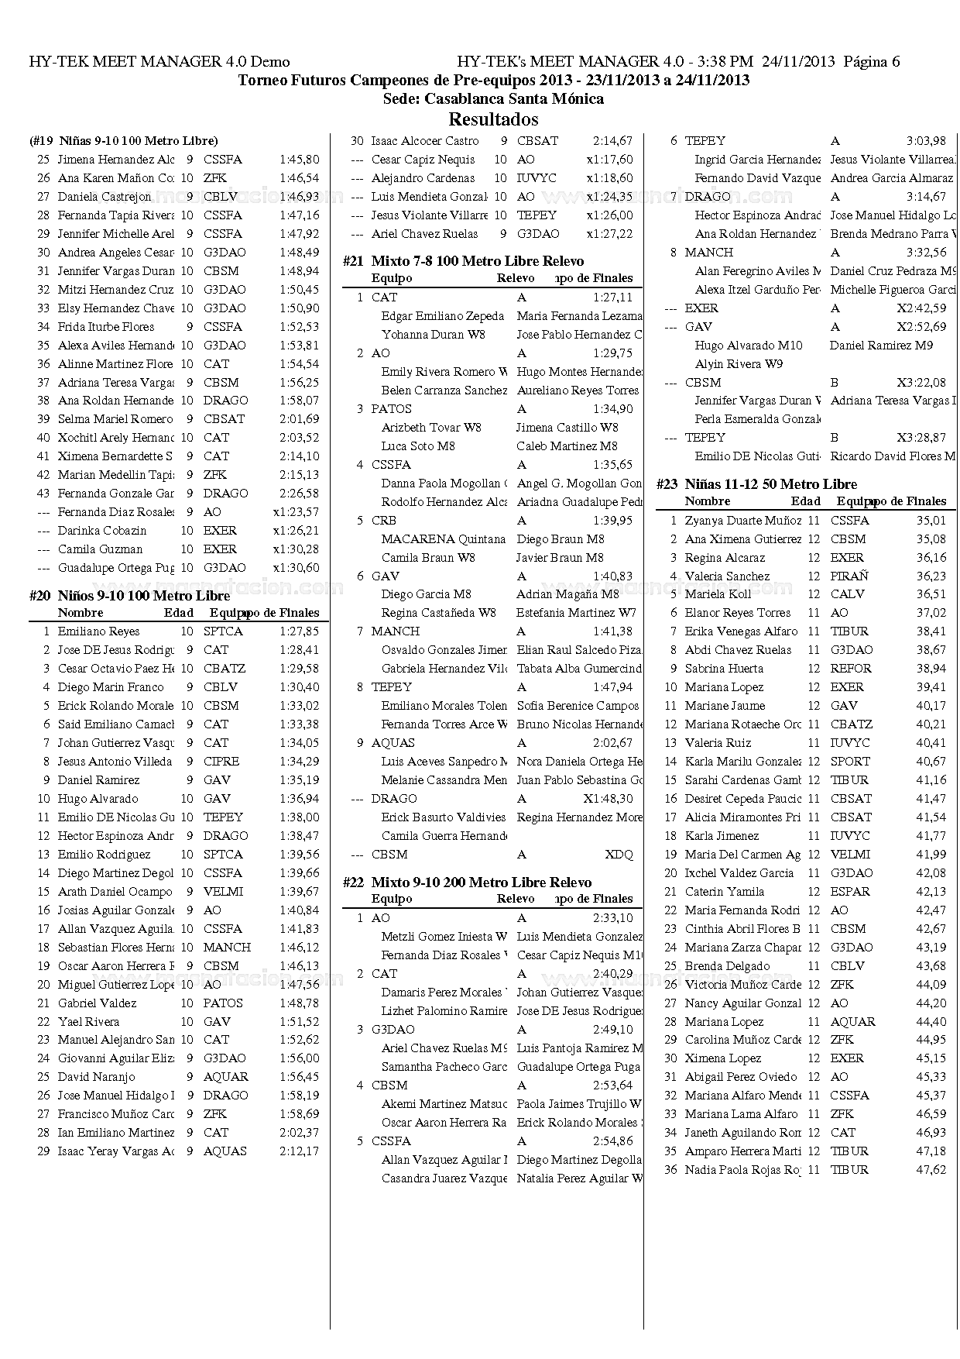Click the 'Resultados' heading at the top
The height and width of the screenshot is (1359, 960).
coord(493,119)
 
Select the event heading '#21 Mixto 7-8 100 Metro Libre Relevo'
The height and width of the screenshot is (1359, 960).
coord(477,261)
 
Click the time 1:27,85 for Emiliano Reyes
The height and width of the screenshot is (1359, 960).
coord(299,631)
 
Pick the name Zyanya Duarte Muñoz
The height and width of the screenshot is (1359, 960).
coord(742,521)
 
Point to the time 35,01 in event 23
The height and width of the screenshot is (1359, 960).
coord(931,521)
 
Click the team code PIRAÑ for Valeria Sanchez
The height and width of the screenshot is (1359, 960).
coord(849,576)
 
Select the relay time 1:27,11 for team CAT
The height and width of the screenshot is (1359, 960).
coord(612,298)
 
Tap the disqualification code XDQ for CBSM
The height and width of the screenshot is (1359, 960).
coord(619,855)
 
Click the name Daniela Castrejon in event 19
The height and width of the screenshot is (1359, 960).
coord(105,197)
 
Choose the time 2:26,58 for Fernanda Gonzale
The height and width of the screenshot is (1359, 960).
coord(299,494)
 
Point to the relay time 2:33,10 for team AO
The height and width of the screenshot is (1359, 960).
coord(612,918)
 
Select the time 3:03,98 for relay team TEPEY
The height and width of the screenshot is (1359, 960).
coord(926,141)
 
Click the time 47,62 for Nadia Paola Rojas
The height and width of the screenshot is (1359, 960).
coord(931,1170)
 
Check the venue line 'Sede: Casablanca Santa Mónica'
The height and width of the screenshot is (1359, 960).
coord(493,99)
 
